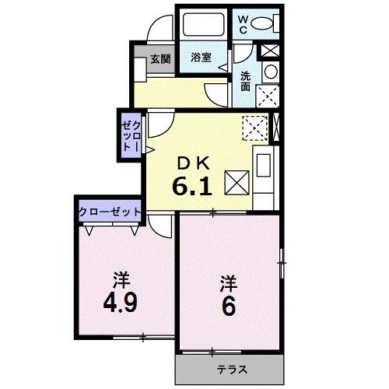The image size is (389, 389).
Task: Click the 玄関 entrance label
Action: [x=160, y=58]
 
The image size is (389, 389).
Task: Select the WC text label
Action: [x=242, y=22]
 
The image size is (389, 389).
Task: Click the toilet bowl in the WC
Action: [x=267, y=23]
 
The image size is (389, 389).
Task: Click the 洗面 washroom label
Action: [x=245, y=79]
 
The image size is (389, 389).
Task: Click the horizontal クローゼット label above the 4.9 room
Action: [x=109, y=211]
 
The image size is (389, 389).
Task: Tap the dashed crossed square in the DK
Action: [x=253, y=126]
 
